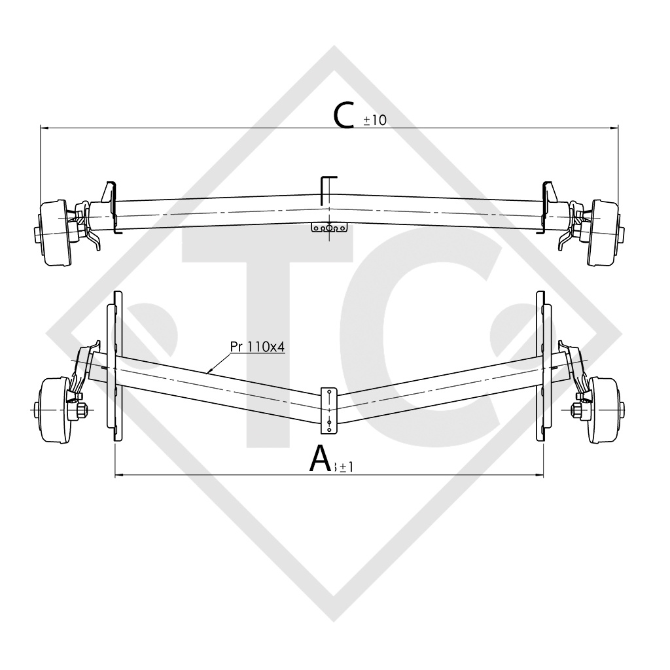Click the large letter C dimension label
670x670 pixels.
[346, 115]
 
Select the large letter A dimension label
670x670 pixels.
[320, 459]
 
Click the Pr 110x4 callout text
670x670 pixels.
[257, 347]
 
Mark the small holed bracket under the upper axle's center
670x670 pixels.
[329, 229]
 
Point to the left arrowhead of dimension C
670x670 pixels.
[43, 128]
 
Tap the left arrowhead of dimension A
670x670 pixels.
[118, 474]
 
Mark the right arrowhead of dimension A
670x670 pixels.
[540, 474]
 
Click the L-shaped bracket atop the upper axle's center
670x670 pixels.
[327, 186]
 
